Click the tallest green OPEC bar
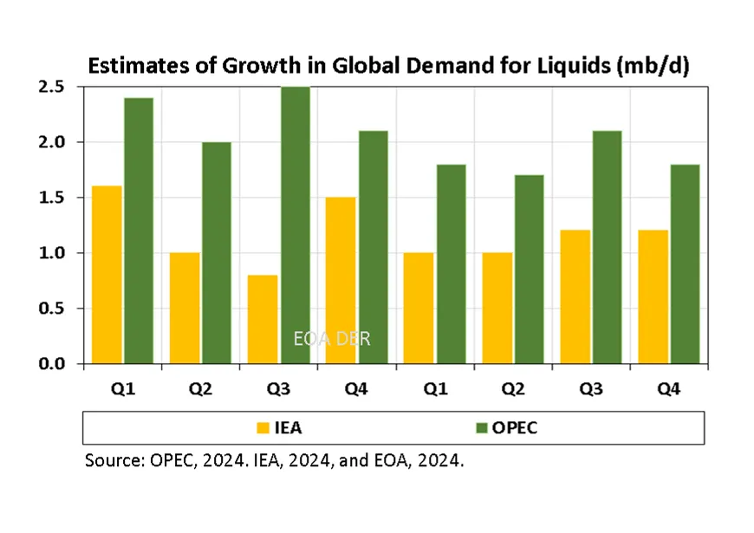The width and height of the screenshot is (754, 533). pos(295,225)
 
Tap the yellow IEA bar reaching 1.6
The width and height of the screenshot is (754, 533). pos(107,275)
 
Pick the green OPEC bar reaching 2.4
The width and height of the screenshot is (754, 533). pos(138,231)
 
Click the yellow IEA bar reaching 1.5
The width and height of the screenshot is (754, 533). pos(341,280)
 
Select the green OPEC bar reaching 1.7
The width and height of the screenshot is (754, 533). pos(529,270)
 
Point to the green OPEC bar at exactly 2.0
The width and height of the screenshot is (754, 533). pos(217,252)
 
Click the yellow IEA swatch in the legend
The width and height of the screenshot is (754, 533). pos(263,427)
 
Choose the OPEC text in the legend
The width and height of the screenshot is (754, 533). pos(519,427)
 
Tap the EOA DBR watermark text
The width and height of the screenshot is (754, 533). pos(332,339)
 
